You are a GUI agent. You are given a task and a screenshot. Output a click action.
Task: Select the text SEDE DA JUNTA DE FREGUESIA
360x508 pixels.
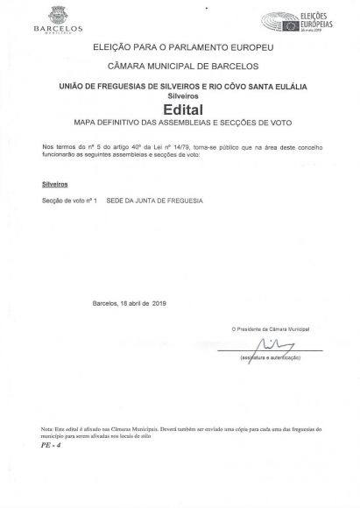pos(154,201)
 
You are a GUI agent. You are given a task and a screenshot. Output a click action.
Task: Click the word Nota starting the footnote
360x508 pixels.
pos(46,429)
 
